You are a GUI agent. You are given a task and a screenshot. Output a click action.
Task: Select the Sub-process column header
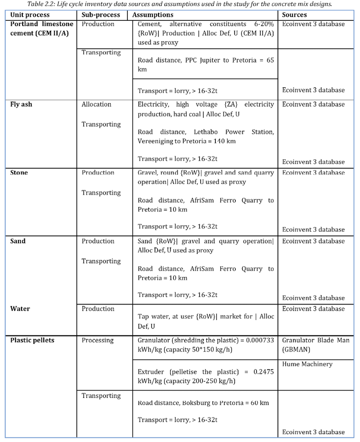(101, 15)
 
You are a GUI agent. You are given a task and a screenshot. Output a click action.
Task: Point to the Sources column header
(294, 15)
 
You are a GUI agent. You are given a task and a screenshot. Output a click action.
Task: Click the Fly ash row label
(21, 104)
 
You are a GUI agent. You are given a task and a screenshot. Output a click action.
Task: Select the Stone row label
(19, 173)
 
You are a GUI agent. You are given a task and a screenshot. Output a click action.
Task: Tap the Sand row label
(18, 241)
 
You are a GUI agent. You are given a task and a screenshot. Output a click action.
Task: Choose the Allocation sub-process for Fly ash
(96, 105)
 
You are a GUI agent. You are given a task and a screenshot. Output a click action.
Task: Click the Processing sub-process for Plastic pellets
(97, 341)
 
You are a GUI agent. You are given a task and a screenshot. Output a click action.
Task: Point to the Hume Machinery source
(307, 364)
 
